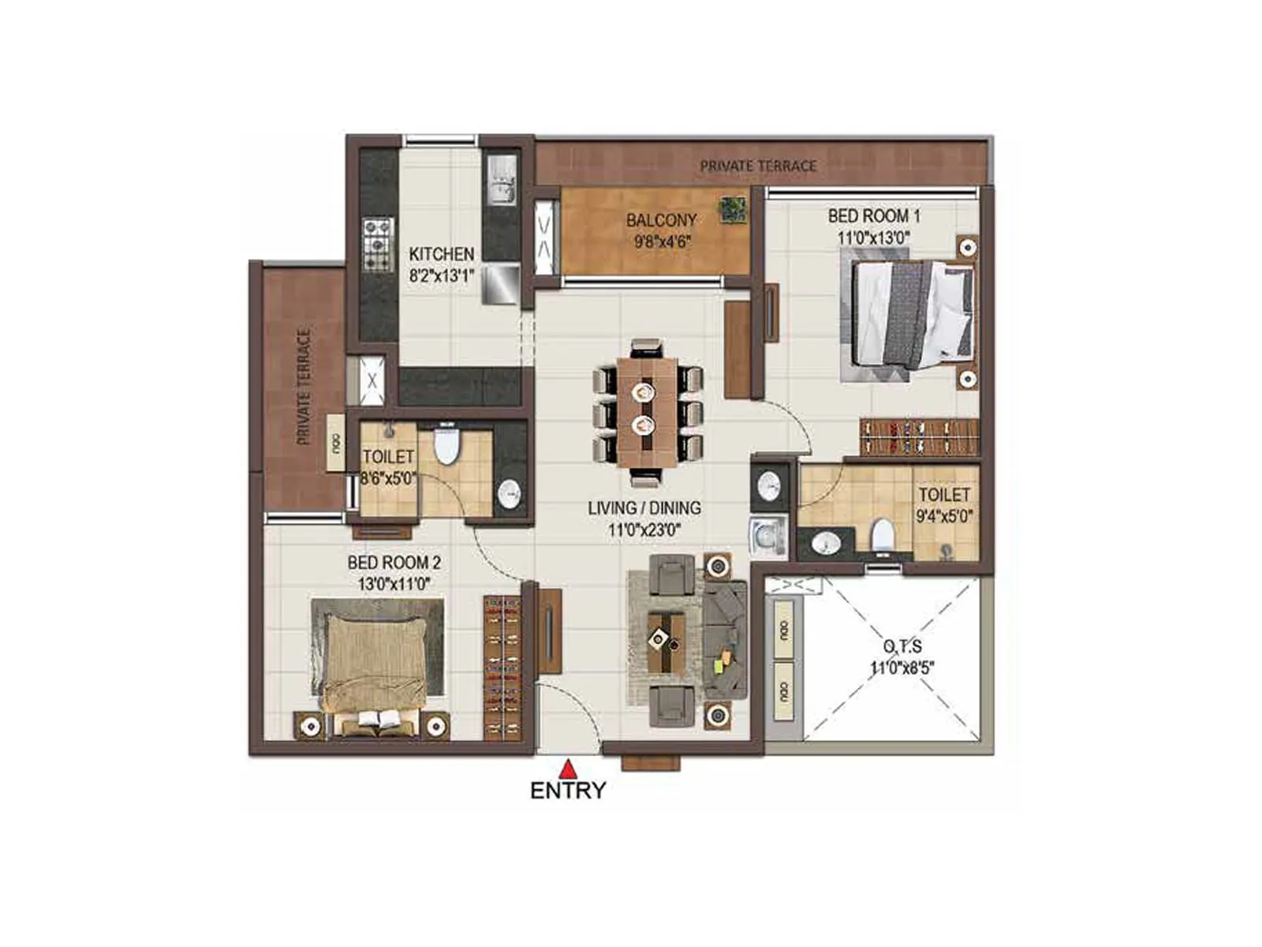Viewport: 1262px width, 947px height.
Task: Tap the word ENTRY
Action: [568, 791]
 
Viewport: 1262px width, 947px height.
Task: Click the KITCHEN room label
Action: [441, 254]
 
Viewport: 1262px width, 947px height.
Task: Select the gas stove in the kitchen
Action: [378, 245]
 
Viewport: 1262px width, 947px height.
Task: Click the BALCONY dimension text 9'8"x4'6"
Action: [662, 241]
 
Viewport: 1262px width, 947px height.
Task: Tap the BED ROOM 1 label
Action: [873, 215]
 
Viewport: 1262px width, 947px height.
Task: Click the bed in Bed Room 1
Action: [912, 314]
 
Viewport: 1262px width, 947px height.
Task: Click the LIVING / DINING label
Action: [644, 508]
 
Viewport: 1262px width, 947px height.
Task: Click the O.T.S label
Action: [902, 646]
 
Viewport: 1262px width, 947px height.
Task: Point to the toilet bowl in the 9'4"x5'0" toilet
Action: [881, 534]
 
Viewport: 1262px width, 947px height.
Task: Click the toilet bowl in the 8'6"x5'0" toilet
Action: [446, 447]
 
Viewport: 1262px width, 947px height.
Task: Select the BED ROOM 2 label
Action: [394, 563]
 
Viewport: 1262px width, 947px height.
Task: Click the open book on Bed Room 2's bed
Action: [379, 719]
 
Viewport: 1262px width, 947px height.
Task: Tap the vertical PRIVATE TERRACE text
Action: [304, 387]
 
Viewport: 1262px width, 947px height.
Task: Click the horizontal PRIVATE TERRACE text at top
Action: [758, 166]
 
